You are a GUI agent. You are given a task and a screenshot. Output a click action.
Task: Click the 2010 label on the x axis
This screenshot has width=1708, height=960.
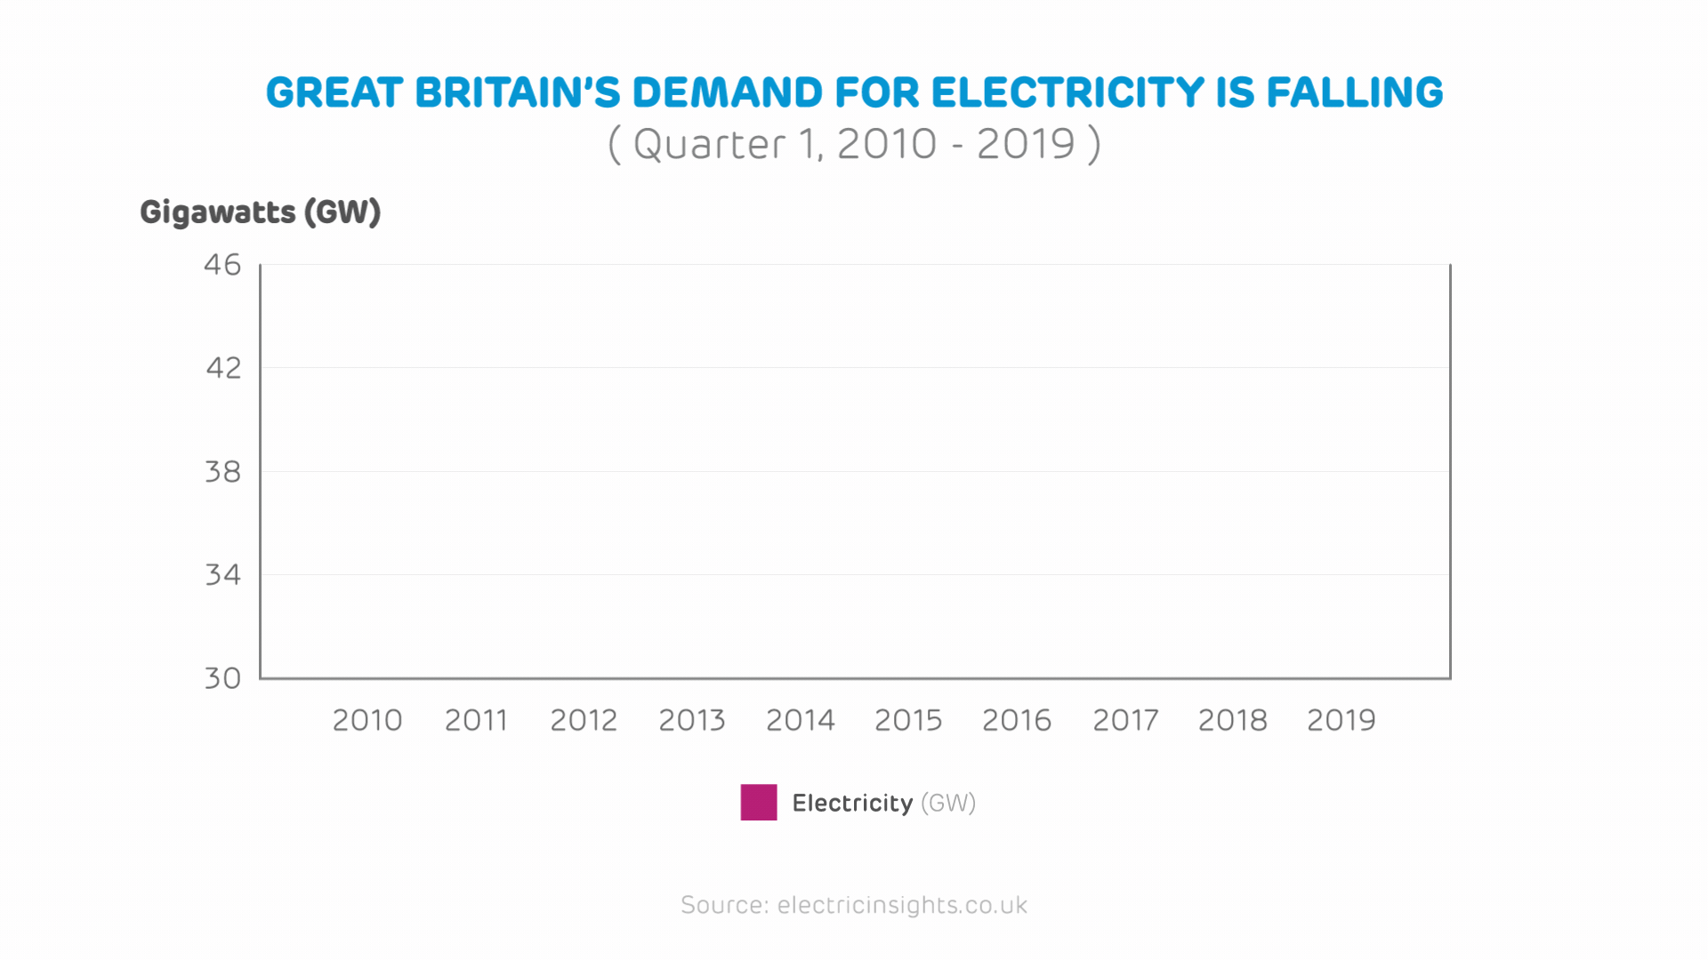[x=367, y=720]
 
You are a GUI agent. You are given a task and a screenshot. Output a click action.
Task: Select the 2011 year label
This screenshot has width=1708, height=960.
[x=476, y=720]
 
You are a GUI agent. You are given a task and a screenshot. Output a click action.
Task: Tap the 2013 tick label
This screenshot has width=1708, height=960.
[x=692, y=720]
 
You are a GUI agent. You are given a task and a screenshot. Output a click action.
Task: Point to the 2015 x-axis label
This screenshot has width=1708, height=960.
[x=908, y=720]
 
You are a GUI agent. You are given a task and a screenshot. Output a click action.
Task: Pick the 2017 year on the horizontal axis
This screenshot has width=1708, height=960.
[x=1125, y=720]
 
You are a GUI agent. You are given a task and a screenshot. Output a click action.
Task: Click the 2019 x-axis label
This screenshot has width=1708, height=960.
[x=1341, y=720]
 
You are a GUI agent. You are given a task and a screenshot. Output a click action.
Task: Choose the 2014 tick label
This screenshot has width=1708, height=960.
[x=801, y=720]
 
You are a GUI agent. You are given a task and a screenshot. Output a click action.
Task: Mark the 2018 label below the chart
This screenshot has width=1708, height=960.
[x=1233, y=720]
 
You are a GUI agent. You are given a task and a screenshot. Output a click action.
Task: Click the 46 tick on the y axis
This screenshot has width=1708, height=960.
[x=222, y=265]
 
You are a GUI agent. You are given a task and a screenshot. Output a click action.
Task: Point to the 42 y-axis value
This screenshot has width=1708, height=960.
[x=223, y=368]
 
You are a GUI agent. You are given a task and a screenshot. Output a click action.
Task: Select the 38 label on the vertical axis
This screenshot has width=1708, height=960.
[x=222, y=472]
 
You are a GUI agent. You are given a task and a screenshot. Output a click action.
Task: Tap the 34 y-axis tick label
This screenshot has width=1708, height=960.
[x=222, y=575]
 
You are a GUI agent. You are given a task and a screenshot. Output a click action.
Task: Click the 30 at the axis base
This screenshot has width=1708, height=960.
[x=222, y=679]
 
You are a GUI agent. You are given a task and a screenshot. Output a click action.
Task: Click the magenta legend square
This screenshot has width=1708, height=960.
[x=759, y=803]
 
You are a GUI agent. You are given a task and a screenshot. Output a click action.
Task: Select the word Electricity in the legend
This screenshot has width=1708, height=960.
[x=852, y=804]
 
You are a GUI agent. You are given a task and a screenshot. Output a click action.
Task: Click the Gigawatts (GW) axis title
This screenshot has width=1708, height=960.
[x=261, y=212]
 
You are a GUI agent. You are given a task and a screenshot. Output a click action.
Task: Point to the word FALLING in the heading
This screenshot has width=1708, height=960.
[x=1354, y=93]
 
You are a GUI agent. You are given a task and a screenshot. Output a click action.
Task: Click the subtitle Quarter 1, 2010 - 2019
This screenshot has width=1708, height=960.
[x=854, y=144]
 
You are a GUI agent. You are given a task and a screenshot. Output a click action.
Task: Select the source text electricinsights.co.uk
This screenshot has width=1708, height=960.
[x=902, y=905]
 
